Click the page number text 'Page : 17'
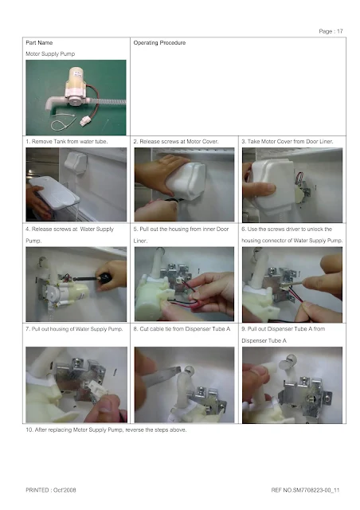pyautogui.click(x=331, y=31)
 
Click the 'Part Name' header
pyautogui.click(x=39, y=42)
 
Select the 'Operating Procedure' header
pyautogui.click(x=159, y=42)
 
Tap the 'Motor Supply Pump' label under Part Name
pyautogui.click(x=50, y=53)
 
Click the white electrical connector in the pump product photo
pyautogui.click(x=85, y=122)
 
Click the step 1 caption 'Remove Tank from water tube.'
pyautogui.click(x=67, y=142)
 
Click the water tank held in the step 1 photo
pyautogui.click(x=53, y=195)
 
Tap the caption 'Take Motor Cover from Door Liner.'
pyautogui.click(x=288, y=142)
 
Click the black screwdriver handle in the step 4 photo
pyautogui.click(x=105, y=277)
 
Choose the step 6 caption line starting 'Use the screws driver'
pyautogui.click(x=287, y=229)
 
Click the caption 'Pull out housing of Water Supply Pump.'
pyautogui.click(x=74, y=329)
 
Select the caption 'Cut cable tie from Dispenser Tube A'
pyautogui.click(x=182, y=329)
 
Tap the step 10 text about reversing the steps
pyautogui.click(x=106, y=430)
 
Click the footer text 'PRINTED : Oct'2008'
pyautogui.click(x=51, y=490)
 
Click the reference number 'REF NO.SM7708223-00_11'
pyautogui.click(x=305, y=490)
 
